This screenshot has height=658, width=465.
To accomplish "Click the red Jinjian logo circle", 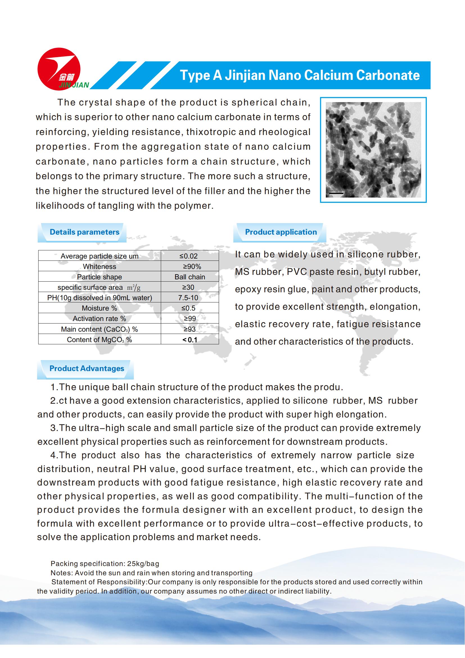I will point(59,69).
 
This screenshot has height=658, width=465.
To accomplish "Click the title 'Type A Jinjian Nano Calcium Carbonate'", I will point(299,75).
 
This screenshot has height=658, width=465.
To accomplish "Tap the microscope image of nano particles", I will point(373,150).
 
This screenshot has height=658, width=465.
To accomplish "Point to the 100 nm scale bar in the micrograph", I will point(336,193).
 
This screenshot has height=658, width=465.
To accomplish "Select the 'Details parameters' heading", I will point(84,232).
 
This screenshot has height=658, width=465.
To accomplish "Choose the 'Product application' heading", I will point(281,232).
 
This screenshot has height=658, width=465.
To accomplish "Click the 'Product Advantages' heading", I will point(87,369).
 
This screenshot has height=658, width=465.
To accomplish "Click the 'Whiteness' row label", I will point(99,266).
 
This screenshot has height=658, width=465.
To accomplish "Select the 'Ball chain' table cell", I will point(189,277).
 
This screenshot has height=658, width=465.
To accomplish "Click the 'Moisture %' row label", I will point(99,308).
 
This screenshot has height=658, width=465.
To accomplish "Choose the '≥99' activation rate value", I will point(189,319).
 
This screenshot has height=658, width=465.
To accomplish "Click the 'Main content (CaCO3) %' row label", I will point(99,329).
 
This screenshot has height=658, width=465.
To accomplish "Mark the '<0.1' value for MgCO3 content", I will point(189,340).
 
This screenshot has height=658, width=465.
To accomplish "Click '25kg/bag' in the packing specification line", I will point(143,564).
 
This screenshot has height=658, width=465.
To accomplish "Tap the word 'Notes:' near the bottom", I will point(62,573).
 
